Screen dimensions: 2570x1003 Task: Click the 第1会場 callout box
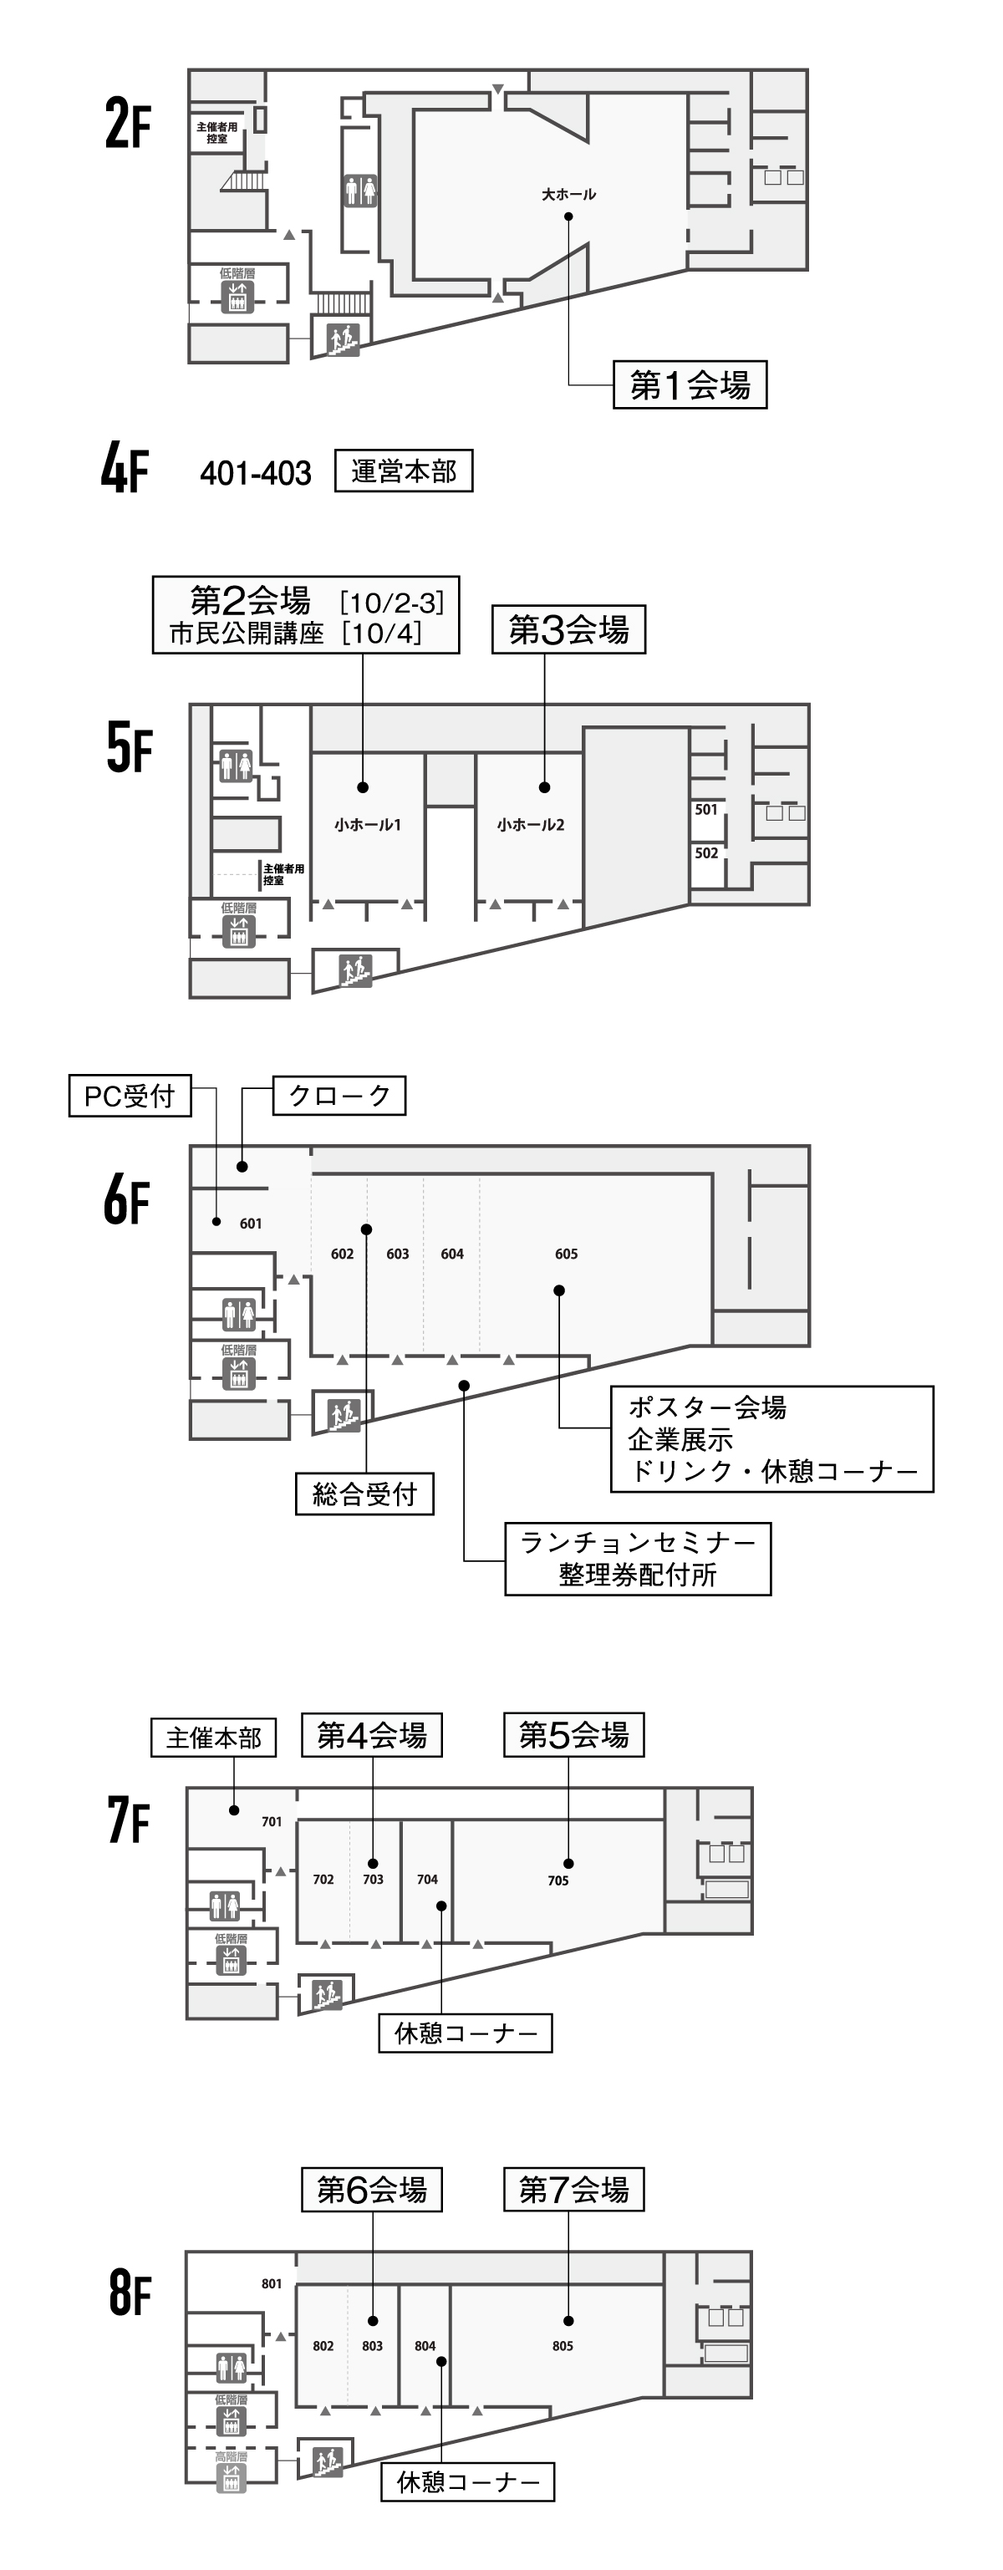coord(690,385)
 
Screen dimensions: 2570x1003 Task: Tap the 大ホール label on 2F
coord(568,195)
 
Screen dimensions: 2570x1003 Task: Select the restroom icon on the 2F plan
coord(360,190)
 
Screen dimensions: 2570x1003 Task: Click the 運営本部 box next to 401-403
coord(403,471)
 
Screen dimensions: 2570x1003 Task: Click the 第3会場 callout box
coord(568,629)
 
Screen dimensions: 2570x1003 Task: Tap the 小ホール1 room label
coord(367,825)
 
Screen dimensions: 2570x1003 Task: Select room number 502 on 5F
coord(706,853)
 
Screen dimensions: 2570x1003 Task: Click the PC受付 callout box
coord(130,1097)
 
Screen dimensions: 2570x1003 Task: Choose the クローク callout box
coord(339,1096)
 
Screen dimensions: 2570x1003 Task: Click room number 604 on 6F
coord(452,1254)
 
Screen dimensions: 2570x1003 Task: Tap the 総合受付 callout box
coord(364,1494)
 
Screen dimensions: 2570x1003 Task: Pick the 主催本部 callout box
coord(214,1738)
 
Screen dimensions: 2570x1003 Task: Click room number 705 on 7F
coord(558,1880)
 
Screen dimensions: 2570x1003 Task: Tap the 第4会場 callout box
coord(371,1736)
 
